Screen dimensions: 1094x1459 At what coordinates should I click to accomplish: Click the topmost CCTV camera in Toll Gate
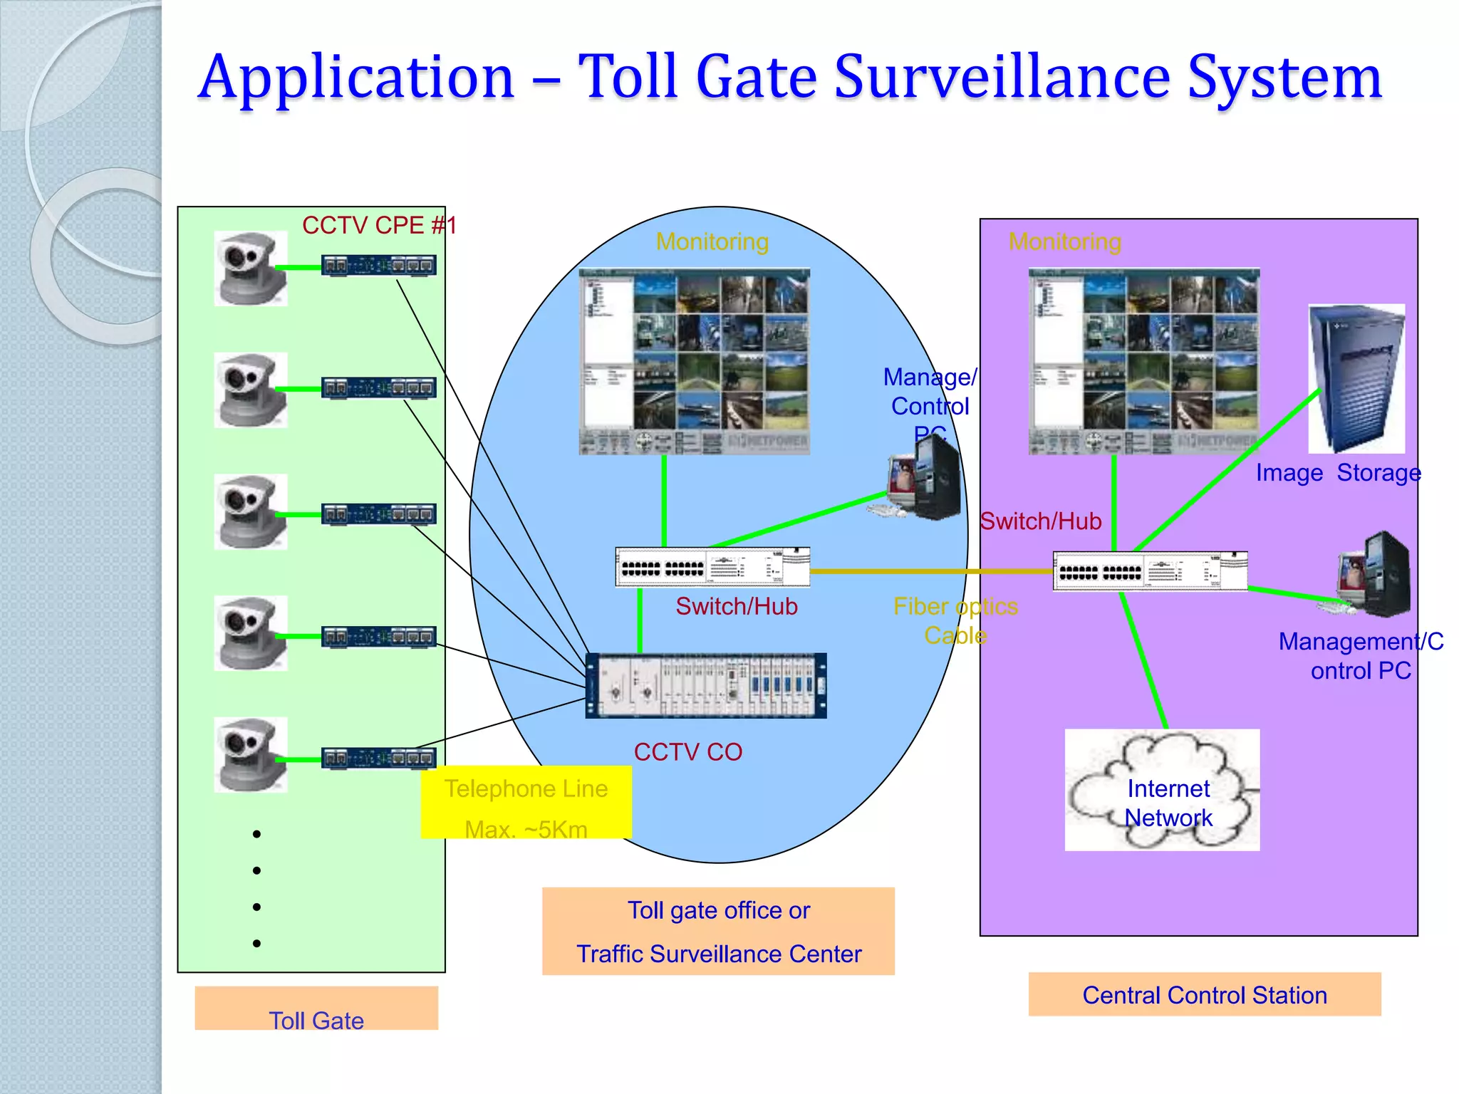point(250,269)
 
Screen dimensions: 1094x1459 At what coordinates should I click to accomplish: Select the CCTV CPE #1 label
point(379,226)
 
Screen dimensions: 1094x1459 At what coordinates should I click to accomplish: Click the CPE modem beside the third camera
point(378,514)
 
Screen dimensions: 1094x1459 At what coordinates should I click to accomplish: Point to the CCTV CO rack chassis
point(706,686)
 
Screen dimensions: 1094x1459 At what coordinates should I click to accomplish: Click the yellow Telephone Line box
point(526,803)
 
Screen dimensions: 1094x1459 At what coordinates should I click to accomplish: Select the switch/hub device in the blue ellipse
point(712,568)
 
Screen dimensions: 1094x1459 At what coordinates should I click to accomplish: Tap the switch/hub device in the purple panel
point(1150,571)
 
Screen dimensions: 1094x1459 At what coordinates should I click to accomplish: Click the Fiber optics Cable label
point(955,620)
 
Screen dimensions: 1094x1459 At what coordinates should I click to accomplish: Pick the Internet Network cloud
point(1162,790)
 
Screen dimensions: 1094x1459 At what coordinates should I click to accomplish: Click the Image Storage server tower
point(1356,378)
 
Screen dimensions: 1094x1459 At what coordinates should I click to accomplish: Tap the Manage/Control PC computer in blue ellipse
point(925,478)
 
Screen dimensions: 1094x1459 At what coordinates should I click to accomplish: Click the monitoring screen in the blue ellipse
point(695,361)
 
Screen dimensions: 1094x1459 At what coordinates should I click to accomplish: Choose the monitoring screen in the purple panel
point(1144,361)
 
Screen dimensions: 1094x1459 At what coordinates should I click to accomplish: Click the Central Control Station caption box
point(1204,994)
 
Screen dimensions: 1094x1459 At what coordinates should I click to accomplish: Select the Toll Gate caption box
point(316,1009)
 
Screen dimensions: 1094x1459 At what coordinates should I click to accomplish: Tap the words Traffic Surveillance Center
point(719,954)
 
